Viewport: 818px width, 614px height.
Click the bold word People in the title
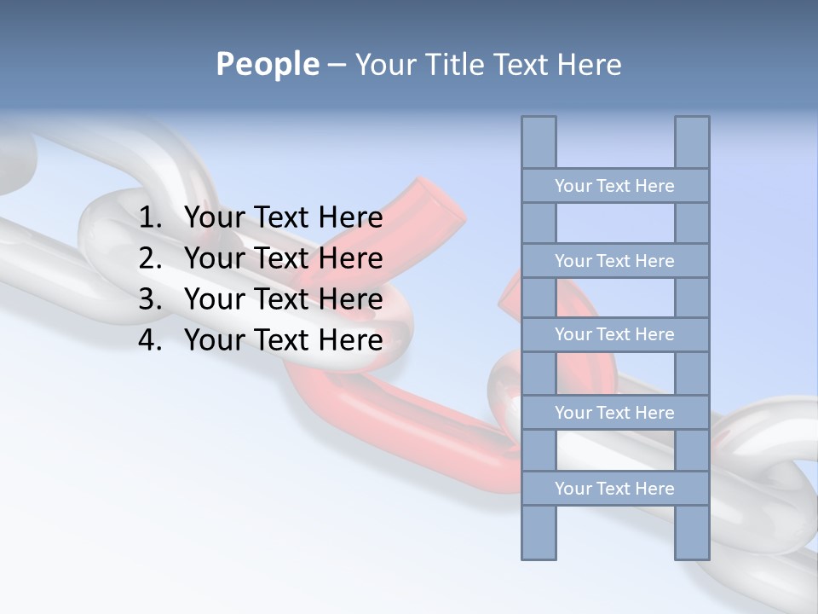click(267, 64)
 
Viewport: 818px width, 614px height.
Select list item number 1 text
click(283, 217)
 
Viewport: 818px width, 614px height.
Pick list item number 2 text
click(283, 258)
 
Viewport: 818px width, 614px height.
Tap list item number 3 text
click(283, 299)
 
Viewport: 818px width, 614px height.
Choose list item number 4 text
click(283, 340)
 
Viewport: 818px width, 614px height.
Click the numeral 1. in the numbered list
click(149, 217)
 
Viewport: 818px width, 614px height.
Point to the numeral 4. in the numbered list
click(149, 340)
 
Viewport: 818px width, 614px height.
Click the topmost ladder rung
click(614, 186)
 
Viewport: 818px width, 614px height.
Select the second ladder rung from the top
click(614, 261)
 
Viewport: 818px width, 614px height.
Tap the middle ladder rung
click(614, 334)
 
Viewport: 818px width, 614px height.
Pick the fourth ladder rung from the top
click(614, 413)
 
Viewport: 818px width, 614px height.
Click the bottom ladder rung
click(614, 489)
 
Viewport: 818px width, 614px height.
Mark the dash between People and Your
click(336, 65)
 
